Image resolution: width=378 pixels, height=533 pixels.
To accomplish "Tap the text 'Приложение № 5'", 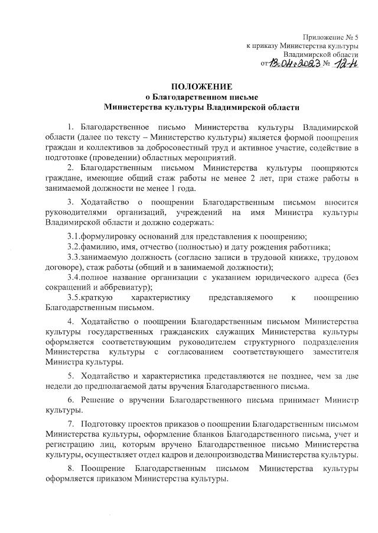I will point(330,37).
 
